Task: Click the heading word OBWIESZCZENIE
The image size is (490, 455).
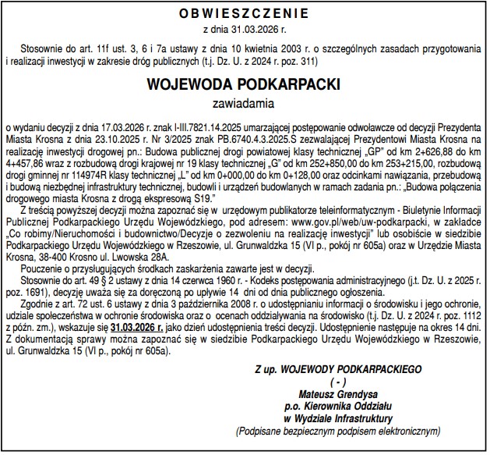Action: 245,14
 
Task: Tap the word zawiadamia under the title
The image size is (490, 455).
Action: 245,101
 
